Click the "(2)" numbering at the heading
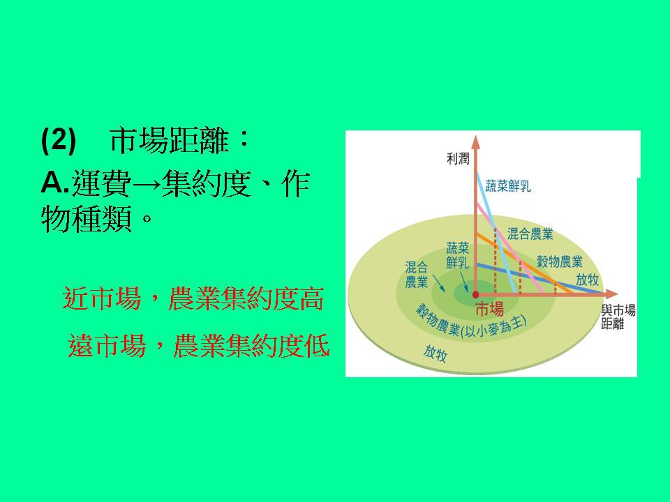click(58, 142)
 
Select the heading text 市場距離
click(169, 142)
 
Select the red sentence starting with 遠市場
click(199, 346)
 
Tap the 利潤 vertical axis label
click(459, 158)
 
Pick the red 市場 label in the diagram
click(489, 310)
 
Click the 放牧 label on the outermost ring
click(435, 353)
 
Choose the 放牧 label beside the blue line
click(587, 279)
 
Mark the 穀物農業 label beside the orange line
click(559, 262)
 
